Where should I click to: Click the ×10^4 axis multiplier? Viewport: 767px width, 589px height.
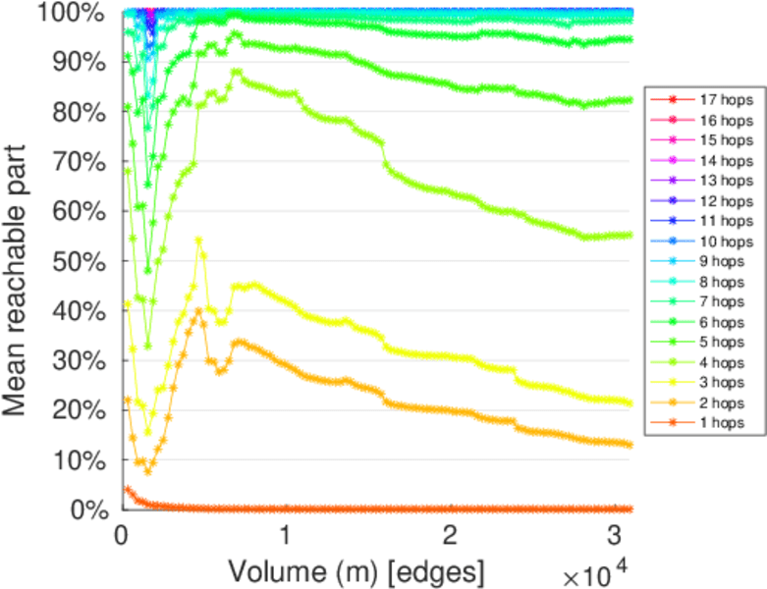(x=597, y=570)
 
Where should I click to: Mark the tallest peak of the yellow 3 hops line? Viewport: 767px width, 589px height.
(x=199, y=240)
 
